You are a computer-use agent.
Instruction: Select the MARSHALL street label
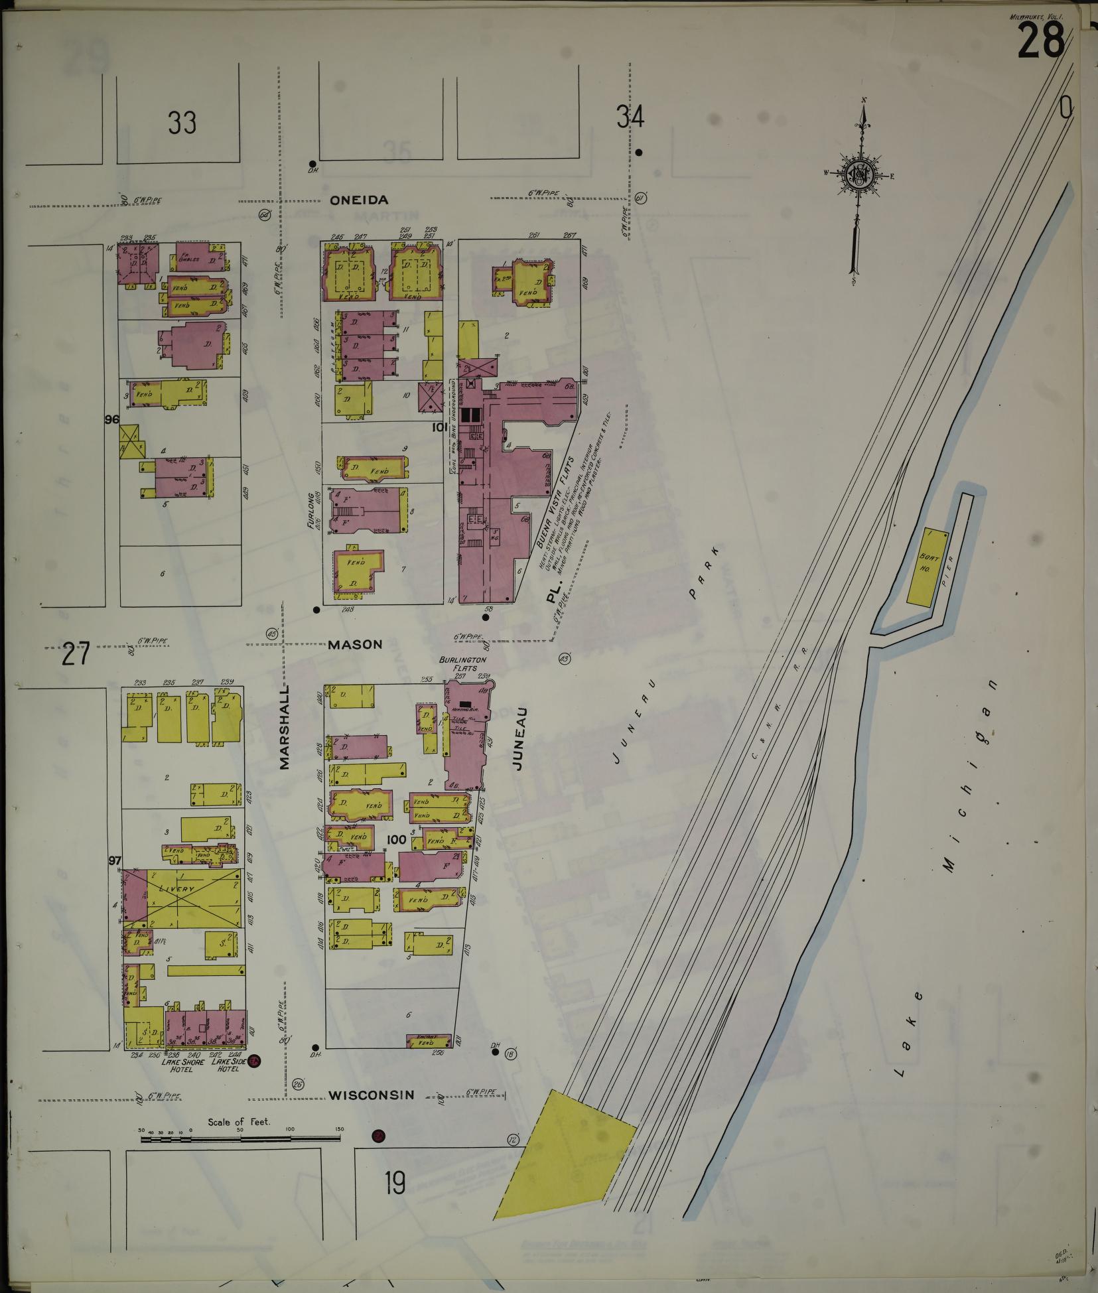coord(285,724)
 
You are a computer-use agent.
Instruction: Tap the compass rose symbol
coord(862,174)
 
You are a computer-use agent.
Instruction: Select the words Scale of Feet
coord(243,1121)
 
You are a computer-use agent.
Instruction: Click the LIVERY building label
coord(176,889)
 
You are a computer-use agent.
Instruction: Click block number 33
coord(182,123)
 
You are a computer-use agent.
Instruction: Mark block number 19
coord(395,1182)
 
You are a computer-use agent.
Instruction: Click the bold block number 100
coord(396,839)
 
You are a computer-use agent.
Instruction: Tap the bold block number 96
coord(111,419)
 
